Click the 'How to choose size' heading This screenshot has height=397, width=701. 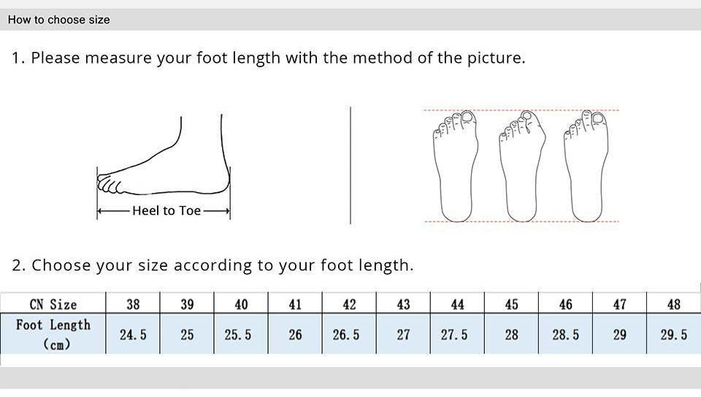click(58, 20)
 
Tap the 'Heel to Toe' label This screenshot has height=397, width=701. click(166, 211)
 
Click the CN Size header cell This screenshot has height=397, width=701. click(53, 303)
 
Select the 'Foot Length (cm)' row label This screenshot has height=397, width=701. click(53, 334)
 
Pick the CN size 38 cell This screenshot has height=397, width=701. click(133, 303)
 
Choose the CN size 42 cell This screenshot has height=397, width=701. click(349, 303)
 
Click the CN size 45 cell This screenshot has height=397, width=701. click(511, 303)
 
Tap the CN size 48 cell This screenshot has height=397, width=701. click(674, 303)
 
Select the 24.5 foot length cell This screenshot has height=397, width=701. click(133, 334)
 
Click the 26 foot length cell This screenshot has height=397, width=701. click(295, 334)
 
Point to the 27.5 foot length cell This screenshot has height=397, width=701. click(457, 334)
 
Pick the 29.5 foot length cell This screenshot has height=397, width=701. click(674, 334)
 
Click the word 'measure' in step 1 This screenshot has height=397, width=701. click(118, 58)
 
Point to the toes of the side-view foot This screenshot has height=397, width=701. click(109, 184)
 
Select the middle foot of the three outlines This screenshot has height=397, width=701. click(522, 166)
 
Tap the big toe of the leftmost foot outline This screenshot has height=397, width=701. click(467, 117)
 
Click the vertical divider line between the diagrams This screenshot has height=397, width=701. click(350, 165)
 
